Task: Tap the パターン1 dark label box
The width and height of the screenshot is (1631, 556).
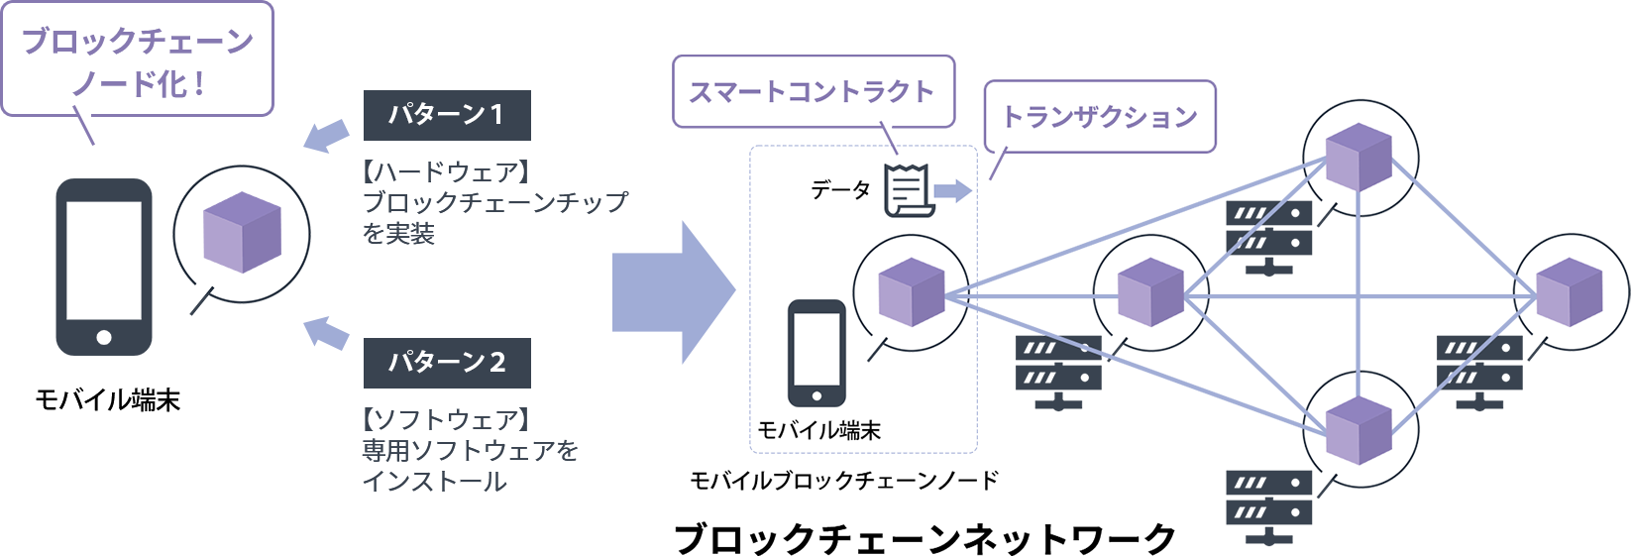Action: point(447,115)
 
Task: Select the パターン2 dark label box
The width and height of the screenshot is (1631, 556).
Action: point(447,363)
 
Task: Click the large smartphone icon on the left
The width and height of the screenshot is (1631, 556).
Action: point(104,267)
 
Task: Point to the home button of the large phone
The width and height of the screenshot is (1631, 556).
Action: point(104,337)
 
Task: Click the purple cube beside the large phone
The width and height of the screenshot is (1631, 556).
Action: point(242,233)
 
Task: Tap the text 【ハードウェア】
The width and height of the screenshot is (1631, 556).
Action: point(447,172)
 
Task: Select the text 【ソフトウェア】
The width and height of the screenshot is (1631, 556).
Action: point(447,420)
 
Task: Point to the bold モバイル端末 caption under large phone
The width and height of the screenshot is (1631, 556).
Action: point(107,400)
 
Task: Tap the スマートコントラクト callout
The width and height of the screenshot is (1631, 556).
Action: point(812,92)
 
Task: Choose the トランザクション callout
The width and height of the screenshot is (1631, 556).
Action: point(1100,117)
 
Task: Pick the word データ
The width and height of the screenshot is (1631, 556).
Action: point(840,189)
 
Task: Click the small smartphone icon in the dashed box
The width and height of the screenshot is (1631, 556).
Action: point(816,353)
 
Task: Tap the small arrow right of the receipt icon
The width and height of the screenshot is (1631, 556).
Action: point(953,190)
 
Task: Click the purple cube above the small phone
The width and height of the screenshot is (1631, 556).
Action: point(911,292)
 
